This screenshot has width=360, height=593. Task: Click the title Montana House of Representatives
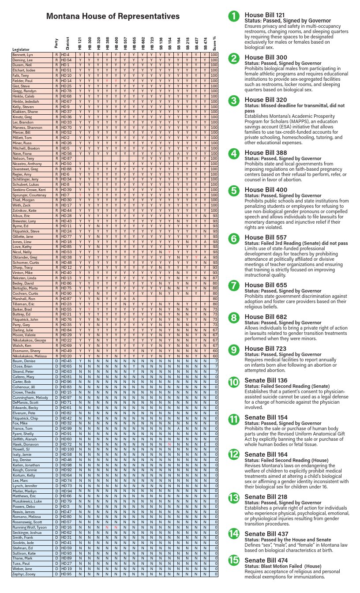tap(113, 16)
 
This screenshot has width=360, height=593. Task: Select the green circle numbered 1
tap(234, 16)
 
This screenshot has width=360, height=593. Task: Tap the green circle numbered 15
tap(234, 560)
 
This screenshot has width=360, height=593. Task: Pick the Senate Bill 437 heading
tap(266, 534)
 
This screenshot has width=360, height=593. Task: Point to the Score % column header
tap(214, 43)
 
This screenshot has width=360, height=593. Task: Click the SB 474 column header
tap(205, 43)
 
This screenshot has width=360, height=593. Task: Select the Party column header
tap(56, 43)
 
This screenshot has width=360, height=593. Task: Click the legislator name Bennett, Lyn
tap(22, 55)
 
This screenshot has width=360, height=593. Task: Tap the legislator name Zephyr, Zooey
tap(23, 574)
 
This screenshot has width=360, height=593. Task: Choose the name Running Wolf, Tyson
tap(30, 527)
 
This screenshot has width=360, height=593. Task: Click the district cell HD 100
tap(67, 449)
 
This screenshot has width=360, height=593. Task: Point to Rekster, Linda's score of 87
tap(215, 278)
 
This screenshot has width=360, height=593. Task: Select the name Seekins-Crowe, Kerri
tap(29, 190)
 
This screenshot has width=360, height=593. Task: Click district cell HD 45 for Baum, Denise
tap(66, 361)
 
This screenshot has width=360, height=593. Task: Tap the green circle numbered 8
tap(234, 317)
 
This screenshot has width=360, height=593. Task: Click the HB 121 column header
tap(80, 43)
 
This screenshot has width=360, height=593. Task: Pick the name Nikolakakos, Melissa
tap(30, 356)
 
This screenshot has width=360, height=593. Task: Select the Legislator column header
tap(21, 49)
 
